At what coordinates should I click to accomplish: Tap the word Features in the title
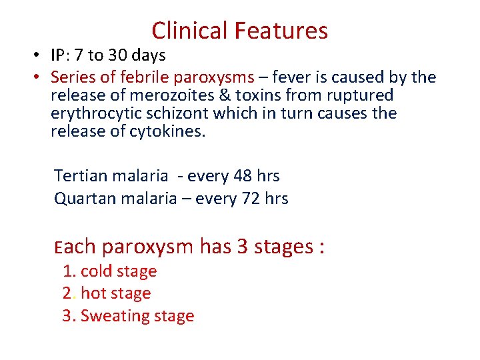(285, 31)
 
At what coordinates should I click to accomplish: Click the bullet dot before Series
(39, 77)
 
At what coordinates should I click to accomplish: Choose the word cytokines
(170, 131)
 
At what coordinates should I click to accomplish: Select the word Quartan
(81, 198)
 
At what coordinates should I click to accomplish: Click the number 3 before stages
(243, 247)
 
